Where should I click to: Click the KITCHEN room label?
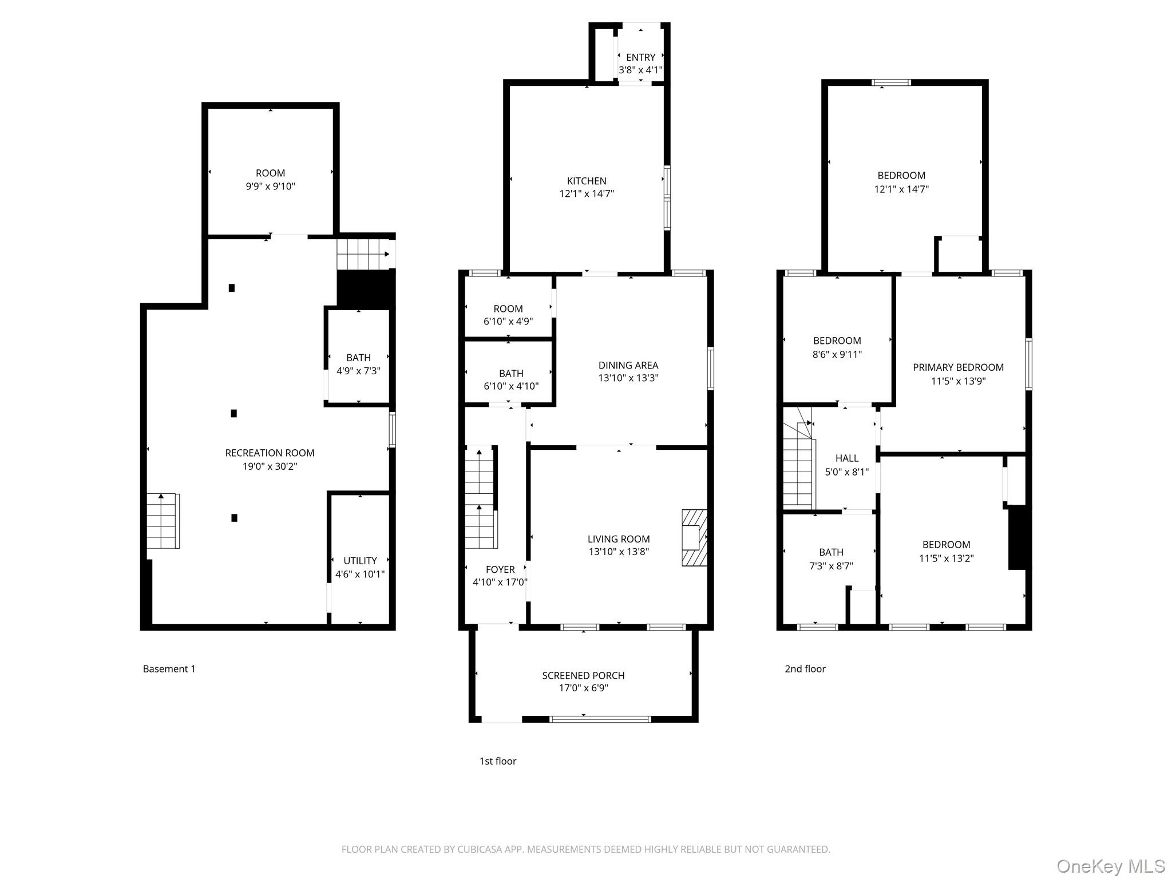coord(587,181)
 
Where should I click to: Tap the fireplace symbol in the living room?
coord(694,537)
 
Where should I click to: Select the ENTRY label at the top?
coord(640,57)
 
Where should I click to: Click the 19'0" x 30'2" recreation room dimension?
coord(270,466)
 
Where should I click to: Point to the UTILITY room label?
coord(360,561)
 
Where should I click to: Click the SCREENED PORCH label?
coord(583,675)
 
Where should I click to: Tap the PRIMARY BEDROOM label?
coord(958,367)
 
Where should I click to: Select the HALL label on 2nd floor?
coord(846,458)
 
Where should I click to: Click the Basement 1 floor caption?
coord(169,668)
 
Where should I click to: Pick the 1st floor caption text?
coord(497,761)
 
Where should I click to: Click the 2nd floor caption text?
coord(805,668)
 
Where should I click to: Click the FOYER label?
coord(500,569)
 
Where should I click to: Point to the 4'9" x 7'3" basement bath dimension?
coord(358,371)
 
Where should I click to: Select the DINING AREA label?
coord(628,365)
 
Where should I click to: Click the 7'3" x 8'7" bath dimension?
coord(831,566)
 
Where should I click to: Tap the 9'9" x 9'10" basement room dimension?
coord(270,186)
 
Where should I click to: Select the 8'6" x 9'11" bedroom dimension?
coord(837,354)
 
